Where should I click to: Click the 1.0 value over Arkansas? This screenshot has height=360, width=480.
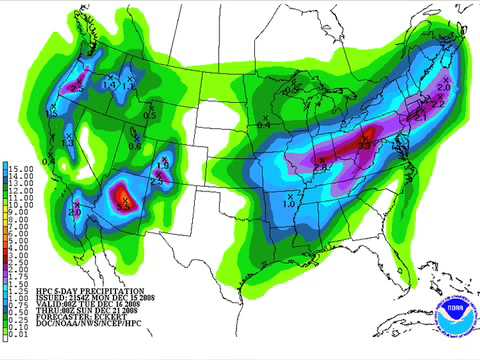tap(289, 204)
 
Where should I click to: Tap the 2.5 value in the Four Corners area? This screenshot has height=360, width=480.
tap(158, 179)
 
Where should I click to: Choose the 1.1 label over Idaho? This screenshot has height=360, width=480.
tap(130, 84)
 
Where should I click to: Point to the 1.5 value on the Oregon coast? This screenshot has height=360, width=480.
tap(52, 111)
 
